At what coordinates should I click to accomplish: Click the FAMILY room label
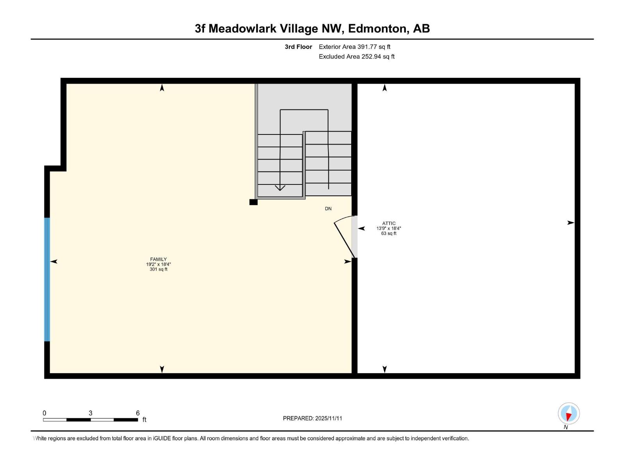click(x=158, y=259)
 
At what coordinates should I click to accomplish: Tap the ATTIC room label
click(x=389, y=224)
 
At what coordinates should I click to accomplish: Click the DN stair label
click(x=328, y=209)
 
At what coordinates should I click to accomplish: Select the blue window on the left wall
click(x=47, y=279)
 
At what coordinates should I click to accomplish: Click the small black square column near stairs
click(x=254, y=202)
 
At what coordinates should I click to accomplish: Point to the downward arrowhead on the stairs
click(x=280, y=188)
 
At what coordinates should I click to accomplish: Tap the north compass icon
click(x=568, y=414)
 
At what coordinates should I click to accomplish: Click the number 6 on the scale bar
click(x=137, y=413)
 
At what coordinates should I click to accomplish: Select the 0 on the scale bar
click(x=45, y=413)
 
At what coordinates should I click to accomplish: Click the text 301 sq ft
click(x=158, y=269)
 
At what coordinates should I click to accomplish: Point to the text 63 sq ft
click(x=389, y=233)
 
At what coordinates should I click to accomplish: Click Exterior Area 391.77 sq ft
click(x=354, y=47)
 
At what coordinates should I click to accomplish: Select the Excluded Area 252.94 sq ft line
click(x=356, y=57)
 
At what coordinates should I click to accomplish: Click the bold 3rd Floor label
click(x=298, y=47)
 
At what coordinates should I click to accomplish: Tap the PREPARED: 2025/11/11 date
click(x=312, y=418)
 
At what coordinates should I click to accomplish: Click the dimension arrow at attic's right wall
click(x=571, y=223)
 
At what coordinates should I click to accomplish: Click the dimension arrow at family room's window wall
click(x=54, y=261)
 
